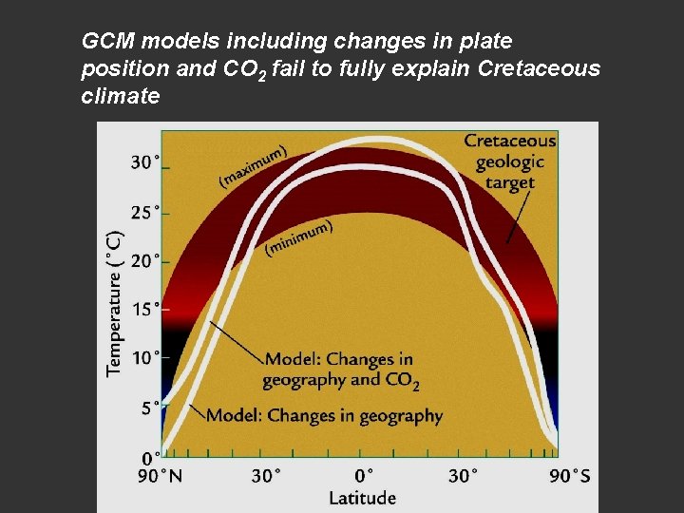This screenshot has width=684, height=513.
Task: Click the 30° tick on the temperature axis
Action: [x=145, y=162]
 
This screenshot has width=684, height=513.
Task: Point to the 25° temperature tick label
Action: [x=145, y=212]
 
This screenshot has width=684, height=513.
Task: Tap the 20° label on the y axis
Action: [x=145, y=260]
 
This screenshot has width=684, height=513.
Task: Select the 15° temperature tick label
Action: [x=145, y=309]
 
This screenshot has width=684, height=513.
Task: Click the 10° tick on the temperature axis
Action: [x=145, y=358]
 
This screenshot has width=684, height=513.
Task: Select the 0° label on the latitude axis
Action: [x=363, y=475]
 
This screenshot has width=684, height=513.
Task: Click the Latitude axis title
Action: [x=362, y=497]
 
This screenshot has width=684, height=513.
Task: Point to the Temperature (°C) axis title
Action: [x=115, y=303]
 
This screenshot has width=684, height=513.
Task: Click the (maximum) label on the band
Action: [x=254, y=164]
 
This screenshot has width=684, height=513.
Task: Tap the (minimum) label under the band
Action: [x=299, y=237]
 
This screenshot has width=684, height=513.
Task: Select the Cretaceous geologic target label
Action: [x=509, y=161]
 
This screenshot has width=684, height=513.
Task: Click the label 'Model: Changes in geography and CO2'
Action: [x=340, y=370]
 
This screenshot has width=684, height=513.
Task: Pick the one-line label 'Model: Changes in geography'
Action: [x=324, y=415]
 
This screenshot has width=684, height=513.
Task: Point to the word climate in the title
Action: [x=121, y=96]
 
